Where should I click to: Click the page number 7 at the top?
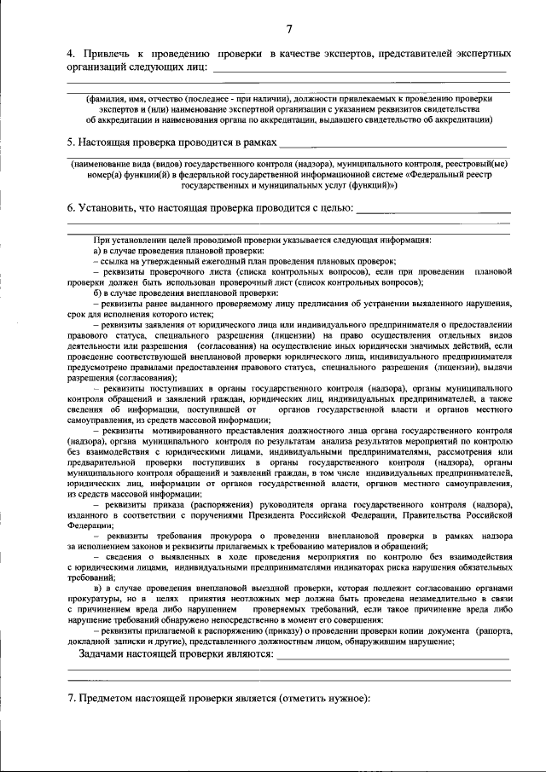(289, 31)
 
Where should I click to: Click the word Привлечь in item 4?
(105, 55)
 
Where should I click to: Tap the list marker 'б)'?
(98, 293)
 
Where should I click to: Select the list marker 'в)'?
(98, 589)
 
